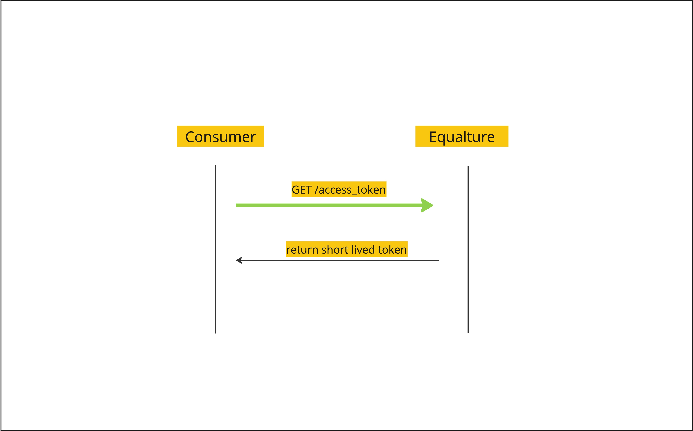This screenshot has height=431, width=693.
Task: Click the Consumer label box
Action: coord(220,136)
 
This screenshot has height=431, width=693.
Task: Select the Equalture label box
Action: coord(462,136)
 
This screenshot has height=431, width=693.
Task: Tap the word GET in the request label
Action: coord(302,190)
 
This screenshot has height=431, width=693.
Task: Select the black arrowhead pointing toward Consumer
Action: coord(239,260)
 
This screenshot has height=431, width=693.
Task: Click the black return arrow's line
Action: coord(338,260)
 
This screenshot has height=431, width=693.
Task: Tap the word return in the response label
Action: coord(302,250)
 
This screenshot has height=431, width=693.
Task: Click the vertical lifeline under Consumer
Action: coord(216,249)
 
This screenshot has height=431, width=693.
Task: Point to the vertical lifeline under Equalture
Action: coord(468,249)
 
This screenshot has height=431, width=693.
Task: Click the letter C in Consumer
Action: coord(190,137)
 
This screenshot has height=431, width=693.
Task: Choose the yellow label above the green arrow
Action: coord(339,189)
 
